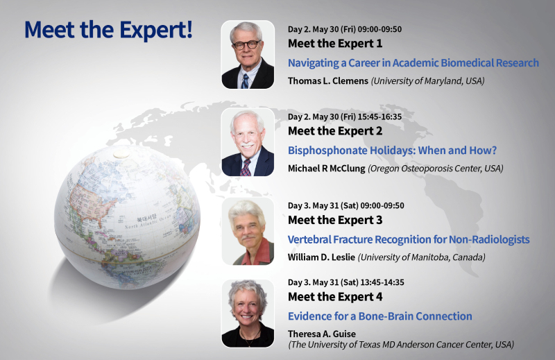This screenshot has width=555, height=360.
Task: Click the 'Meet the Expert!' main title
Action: coord(108,30)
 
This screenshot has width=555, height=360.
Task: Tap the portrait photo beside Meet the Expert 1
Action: coord(248,55)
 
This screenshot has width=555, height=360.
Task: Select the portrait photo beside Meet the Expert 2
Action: coord(248,142)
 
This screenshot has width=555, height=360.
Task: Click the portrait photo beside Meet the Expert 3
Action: coord(248,232)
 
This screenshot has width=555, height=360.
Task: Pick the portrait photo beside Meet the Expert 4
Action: coord(248,314)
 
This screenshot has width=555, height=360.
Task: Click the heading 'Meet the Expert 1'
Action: coord(335,44)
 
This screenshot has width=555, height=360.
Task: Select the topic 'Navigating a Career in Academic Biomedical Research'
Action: coord(413,63)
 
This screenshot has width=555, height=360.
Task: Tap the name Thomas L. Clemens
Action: coord(327,81)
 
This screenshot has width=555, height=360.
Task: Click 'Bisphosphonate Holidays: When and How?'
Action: coord(392,151)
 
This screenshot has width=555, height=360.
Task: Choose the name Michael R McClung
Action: coord(326,169)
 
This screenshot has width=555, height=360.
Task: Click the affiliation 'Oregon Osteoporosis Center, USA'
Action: coord(436,169)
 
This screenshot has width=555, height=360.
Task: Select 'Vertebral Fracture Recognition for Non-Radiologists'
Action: coord(409,239)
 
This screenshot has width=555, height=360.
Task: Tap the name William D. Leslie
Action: coord(321,257)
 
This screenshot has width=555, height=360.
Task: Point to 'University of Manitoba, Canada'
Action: coord(422,257)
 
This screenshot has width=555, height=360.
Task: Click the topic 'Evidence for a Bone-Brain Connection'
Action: coord(379,316)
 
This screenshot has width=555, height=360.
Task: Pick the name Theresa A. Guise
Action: coord(322,334)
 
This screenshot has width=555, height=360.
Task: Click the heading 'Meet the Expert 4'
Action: coord(335,297)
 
